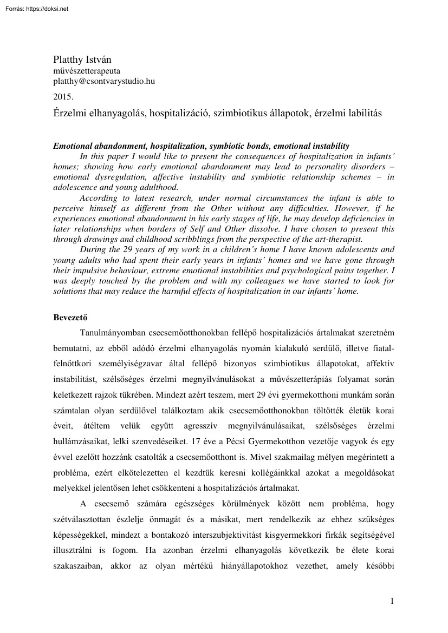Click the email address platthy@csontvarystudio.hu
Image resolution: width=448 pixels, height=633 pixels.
pyautogui.click(x=104, y=81)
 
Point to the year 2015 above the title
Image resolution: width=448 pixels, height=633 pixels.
pyautogui.click(x=63, y=97)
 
